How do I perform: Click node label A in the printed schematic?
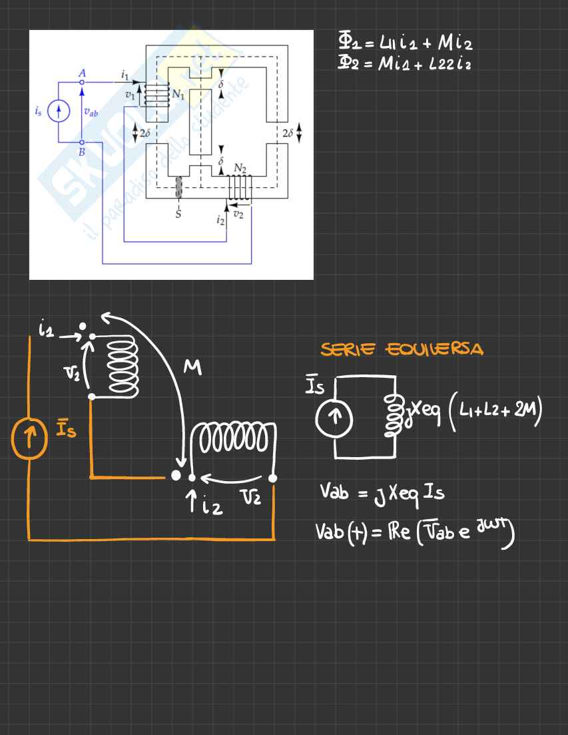pos(82,73)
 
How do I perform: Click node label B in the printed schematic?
pos(82,151)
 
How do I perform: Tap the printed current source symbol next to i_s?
pos(59,113)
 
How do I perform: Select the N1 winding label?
pos(178,95)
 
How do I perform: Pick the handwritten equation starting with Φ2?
pos(407,63)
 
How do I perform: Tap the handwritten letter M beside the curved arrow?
pos(192,367)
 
